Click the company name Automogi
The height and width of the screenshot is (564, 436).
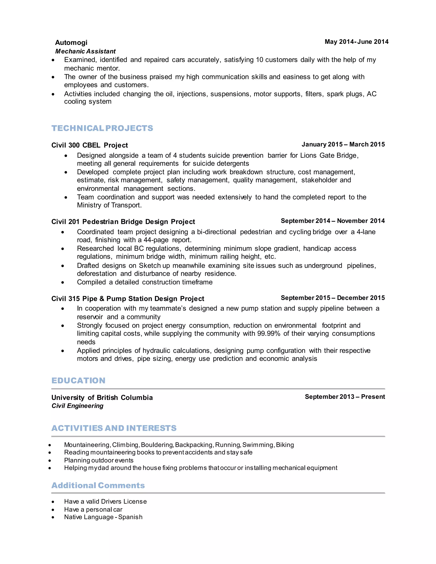coord(71,43)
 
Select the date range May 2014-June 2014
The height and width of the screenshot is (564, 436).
coord(356,42)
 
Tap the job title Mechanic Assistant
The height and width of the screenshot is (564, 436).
coord(85,51)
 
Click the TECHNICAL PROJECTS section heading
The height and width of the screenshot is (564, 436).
coord(102,128)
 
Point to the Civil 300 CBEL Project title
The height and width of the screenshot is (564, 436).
coord(89,145)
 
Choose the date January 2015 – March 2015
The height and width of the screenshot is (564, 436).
coord(343,144)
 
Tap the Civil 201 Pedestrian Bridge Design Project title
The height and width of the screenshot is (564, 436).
coord(123,222)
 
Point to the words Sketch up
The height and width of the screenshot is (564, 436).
coord(154,266)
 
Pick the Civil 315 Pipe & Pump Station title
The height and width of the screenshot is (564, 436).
coord(128,299)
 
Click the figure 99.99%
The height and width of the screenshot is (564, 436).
coord(269,334)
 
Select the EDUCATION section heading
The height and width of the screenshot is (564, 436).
coord(78,381)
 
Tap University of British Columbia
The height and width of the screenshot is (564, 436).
coord(102,398)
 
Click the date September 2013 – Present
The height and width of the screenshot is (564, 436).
coord(345,397)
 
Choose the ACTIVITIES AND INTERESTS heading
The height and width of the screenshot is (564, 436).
coord(114,428)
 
